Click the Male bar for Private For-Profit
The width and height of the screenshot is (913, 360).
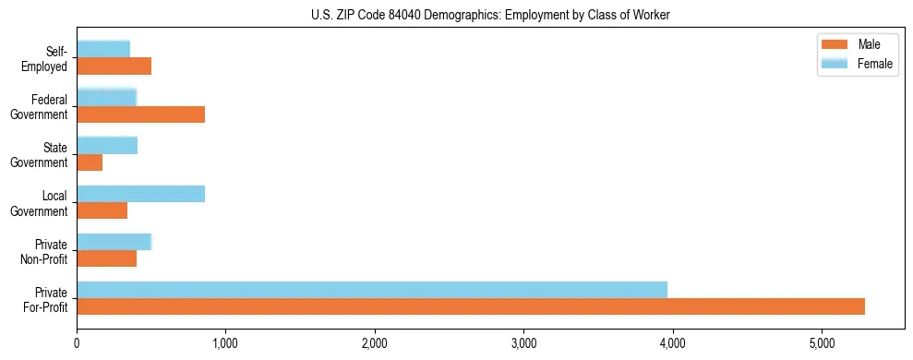(x=471, y=306)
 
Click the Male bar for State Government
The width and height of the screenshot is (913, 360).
(x=90, y=162)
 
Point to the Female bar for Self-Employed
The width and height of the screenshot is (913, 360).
(x=103, y=49)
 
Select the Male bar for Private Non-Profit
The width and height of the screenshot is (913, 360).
(x=106, y=258)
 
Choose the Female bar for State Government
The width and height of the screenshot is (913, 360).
(x=107, y=145)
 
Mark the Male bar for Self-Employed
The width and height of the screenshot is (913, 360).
(x=114, y=66)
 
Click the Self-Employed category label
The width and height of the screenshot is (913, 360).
(x=48, y=59)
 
